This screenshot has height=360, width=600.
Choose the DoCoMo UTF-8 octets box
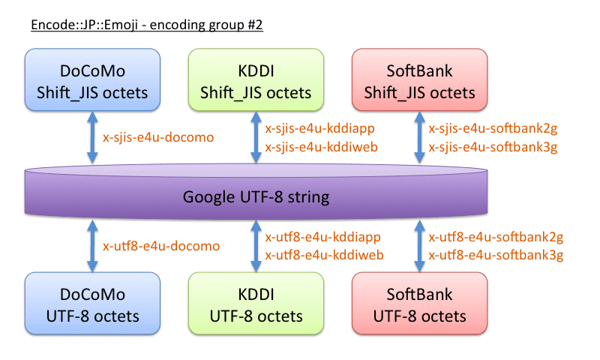(92, 304)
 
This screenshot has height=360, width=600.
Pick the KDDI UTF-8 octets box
(256, 304)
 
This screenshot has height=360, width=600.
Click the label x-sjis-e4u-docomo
(158, 137)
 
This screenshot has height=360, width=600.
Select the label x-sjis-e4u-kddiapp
(320, 128)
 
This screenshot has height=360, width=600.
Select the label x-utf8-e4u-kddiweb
(324, 255)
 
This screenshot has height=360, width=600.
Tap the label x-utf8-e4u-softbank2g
(496, 237)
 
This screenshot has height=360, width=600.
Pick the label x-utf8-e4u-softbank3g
(496, 255)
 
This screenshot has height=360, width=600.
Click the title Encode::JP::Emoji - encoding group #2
(147, 25)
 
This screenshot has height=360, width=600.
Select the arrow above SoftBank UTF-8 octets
(418, 245)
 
